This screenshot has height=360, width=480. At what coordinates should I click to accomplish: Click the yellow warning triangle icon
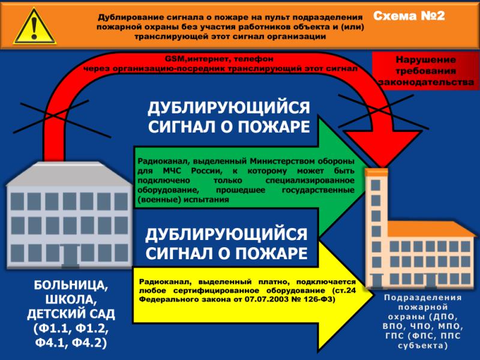click(x=34, y=28)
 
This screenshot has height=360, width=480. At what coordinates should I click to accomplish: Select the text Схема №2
click(x=409, y=16)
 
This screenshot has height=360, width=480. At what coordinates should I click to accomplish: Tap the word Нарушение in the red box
click(x=425, y=59)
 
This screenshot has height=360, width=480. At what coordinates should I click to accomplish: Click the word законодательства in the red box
click(x=426, y=82)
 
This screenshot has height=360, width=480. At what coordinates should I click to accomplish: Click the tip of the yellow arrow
click(x=373, y=296)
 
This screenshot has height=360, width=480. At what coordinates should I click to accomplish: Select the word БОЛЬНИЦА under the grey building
click(x=71, y=286)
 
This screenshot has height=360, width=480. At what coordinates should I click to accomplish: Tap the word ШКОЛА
click(x=71, y=299)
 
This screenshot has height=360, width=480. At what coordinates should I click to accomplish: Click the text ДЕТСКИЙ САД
click(x=71, y=314)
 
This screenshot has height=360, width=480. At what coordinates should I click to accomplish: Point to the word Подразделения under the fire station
click(x=423, y=298)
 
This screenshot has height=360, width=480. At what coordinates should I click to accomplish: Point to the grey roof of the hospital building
click(x=70, y=174)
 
